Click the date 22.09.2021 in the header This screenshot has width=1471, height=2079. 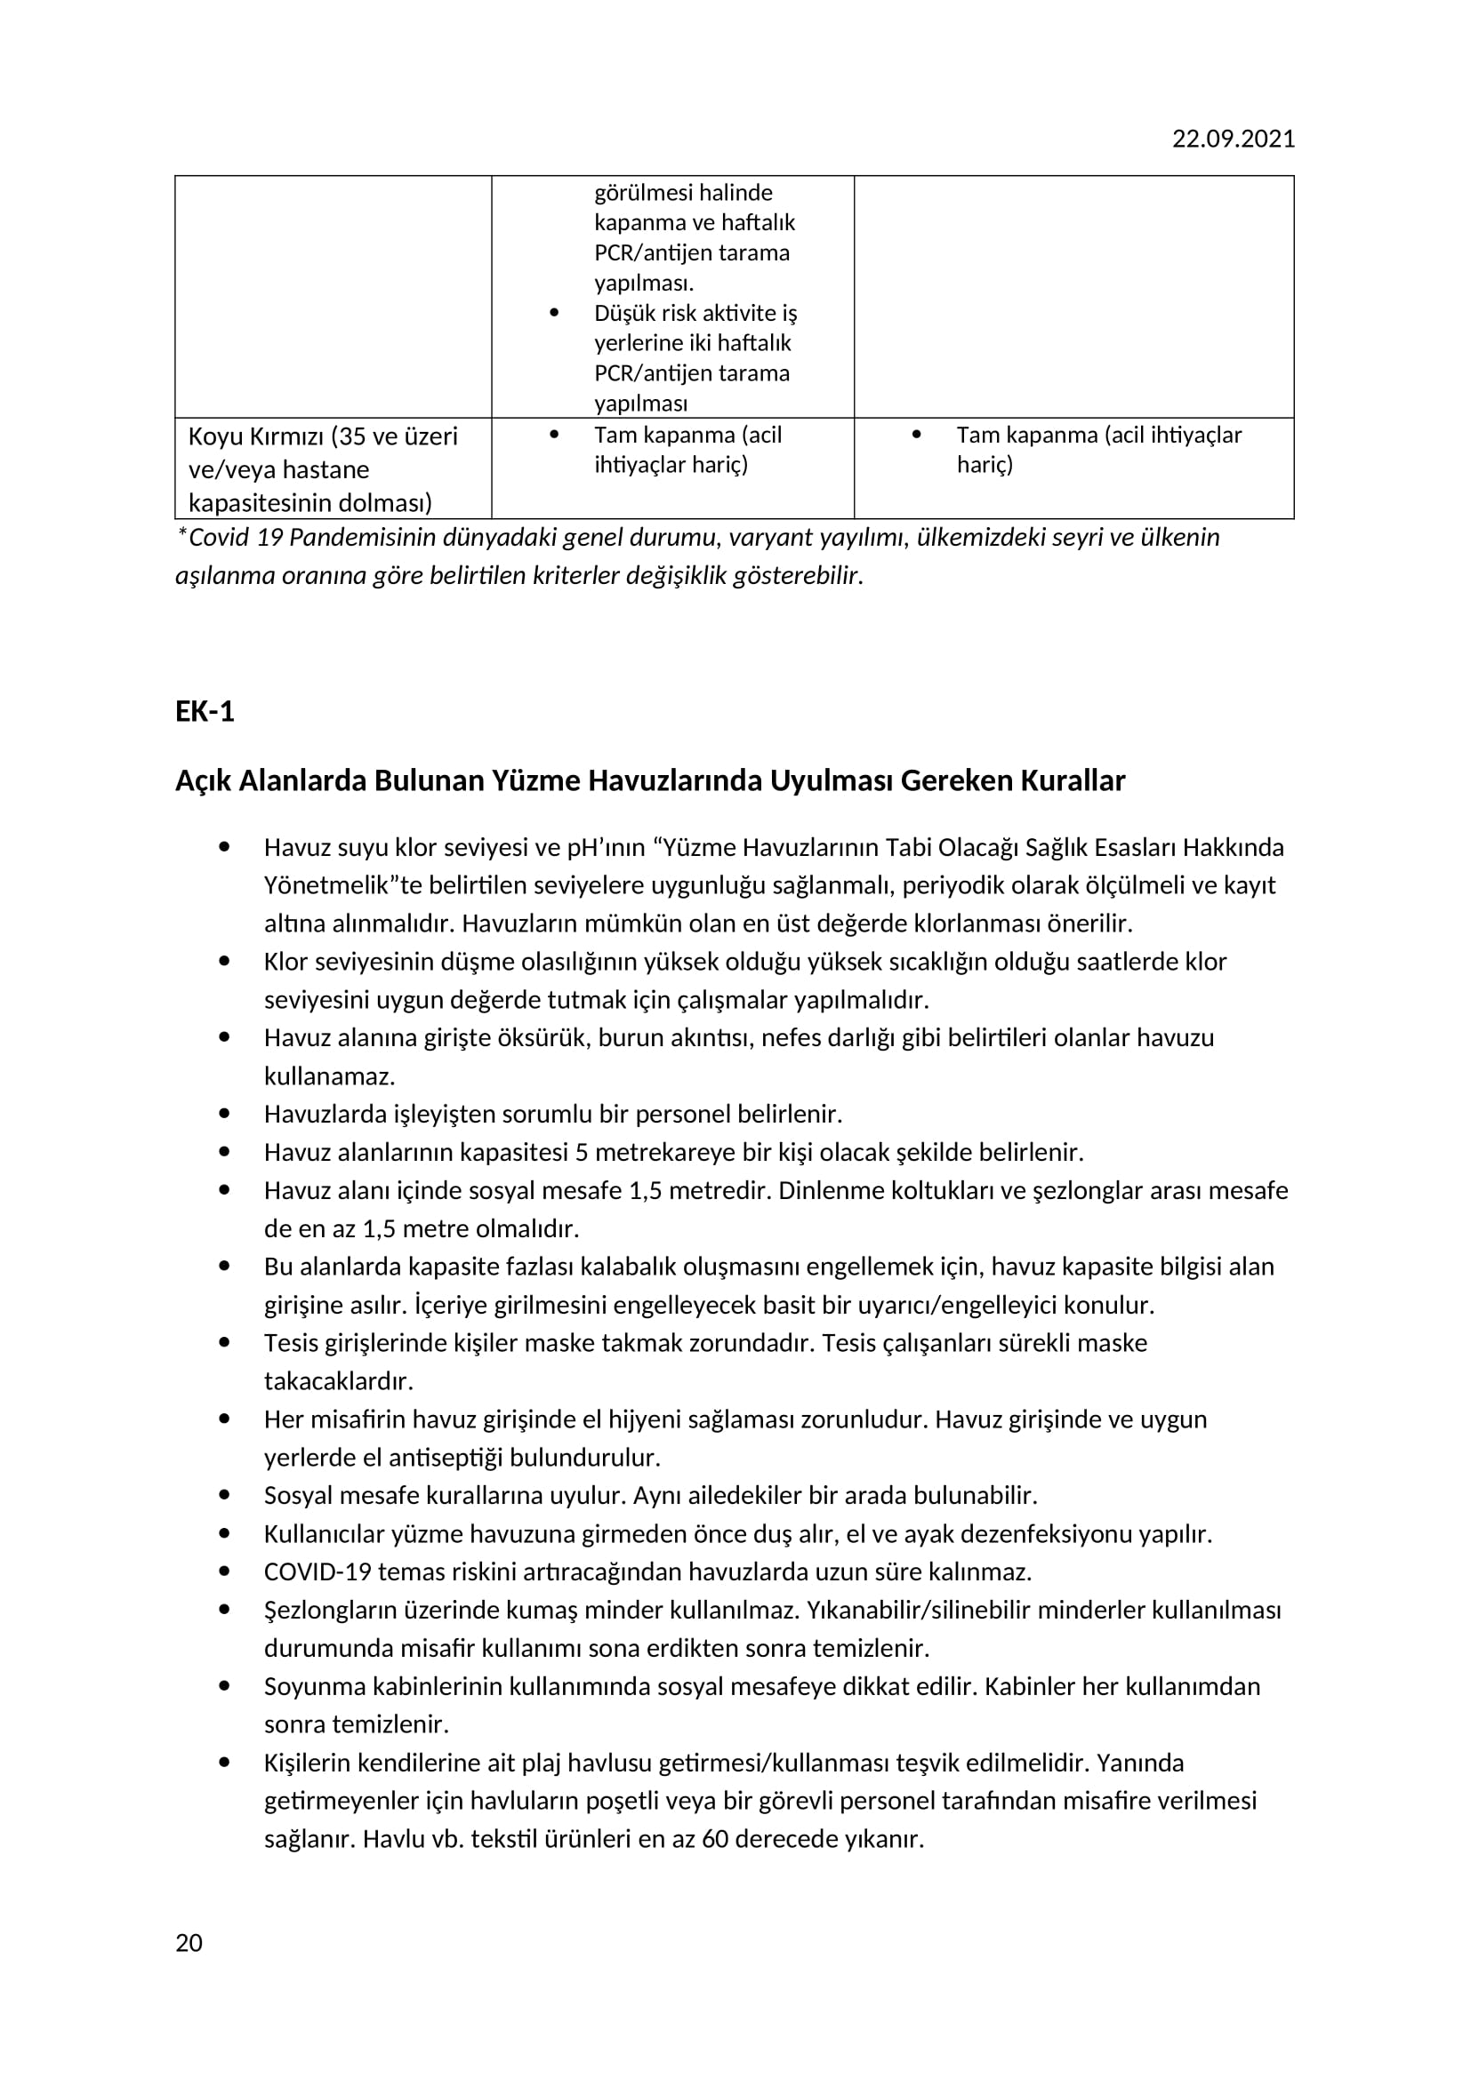[x=1233, y=139]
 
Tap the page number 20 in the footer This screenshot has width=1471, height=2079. [x=189, y=1943]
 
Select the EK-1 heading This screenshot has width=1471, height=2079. [x=205, y=712]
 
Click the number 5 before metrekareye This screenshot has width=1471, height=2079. [x=582, y=1153]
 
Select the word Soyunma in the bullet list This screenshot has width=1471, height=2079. [x=307, y=1686]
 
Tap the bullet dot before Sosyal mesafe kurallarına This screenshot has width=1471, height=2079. [x=225, y=1495]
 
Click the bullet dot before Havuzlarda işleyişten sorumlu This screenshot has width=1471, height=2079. [x=225, y=1113]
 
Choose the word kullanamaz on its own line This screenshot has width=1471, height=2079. [x=329, y=1076]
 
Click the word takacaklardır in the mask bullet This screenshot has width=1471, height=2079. [x=338, y=1381]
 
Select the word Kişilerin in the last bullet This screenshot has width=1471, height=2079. [x=307, y=1763]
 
